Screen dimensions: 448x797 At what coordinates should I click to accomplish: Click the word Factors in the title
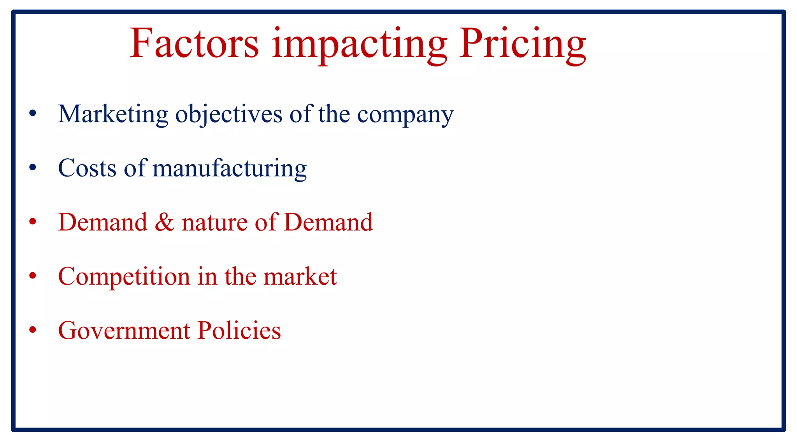point(194,43)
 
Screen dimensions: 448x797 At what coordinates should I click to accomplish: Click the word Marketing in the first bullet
point(113,114)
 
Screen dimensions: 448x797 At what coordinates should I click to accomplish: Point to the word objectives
point(229,114)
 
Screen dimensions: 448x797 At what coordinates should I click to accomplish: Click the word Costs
point(87,168)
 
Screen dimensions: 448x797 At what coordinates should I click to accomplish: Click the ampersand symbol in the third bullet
point(164,222)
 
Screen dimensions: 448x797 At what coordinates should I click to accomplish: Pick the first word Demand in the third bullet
point(103,222)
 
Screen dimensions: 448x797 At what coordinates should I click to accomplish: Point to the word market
point(300,276)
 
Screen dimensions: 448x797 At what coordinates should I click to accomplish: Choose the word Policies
point(239,331)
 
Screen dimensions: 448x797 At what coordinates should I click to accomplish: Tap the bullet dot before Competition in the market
point(33,276)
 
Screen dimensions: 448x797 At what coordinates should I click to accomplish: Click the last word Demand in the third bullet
point(328,222)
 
